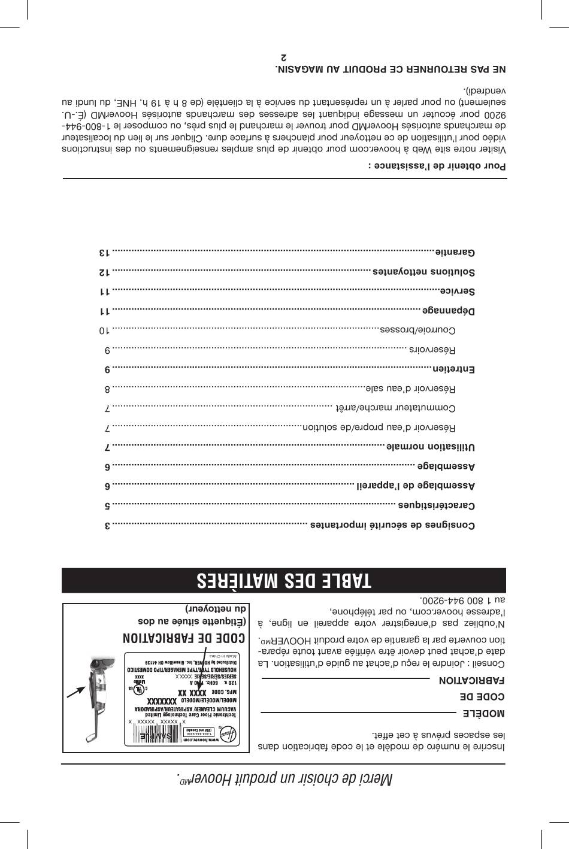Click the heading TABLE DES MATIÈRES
pos(284,580)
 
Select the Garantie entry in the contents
pos(455,252)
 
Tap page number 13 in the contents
pos(105,252)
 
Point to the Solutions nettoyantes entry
pos(423,272)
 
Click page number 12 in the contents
pos(105,272)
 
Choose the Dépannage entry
pos(449,311)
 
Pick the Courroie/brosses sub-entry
pos(417,330)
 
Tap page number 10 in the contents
pos(105,330)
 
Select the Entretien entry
pos(453,369)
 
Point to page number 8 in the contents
pos(107,389)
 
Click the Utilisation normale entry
pos(430,447)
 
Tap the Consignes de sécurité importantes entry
pos(392,526)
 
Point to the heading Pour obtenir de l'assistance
pos(437,165)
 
